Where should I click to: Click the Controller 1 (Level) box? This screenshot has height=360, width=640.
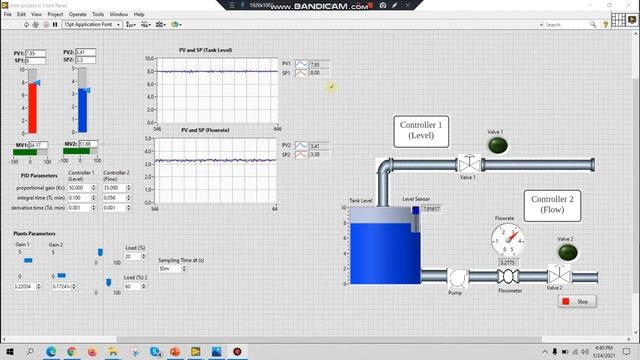pyautogui.click(x=421, y=131)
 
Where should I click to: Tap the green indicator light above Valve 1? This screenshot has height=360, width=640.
pyautogui.click(x=496, y=145)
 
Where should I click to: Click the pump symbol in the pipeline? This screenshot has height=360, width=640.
pyautogui.click(x=457, y=277)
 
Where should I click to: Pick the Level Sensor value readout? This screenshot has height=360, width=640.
pyautogui.click(x=430, y=209)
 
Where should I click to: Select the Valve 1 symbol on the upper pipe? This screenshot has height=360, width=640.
pyautogui.click(x=467, y=163)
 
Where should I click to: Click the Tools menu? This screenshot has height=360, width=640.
pyautogui.click(x=98, y=15)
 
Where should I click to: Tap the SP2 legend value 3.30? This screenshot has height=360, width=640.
pyautogui.click(x=315, y=154)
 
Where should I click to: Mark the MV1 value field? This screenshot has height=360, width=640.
pyautogui.click(x=37, y=144)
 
